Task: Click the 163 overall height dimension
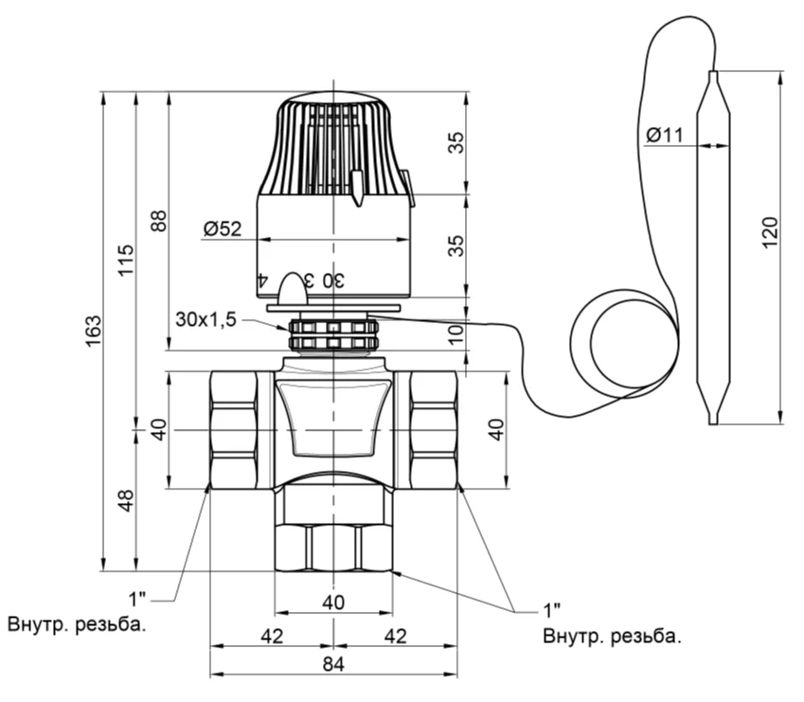coord(94,331)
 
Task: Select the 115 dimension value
coord(126,260)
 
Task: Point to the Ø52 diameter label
coord(222,228)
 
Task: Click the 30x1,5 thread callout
coord(205,319)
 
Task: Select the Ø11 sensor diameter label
coord(665,135)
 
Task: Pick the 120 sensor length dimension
coord(770,233)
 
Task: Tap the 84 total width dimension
coord(333,664)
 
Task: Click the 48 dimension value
coord(126,500)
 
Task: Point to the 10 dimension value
coord(456,333)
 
